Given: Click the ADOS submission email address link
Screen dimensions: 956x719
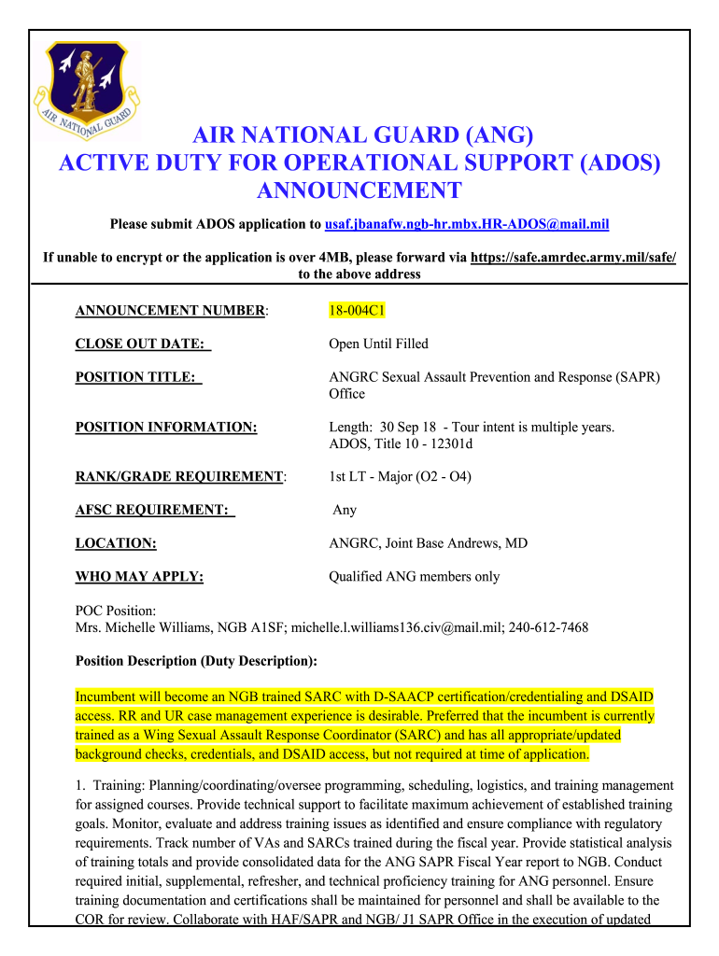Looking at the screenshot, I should coord(466,224).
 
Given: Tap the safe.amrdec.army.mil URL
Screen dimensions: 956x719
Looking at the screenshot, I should coord(573,257).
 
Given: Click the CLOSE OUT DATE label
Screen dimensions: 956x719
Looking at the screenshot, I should coord(143,344).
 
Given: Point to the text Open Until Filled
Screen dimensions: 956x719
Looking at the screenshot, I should coord(378,344).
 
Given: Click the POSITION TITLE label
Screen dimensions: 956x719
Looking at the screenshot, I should coord(138,377).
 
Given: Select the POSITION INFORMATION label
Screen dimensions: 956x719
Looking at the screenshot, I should coord(165,427).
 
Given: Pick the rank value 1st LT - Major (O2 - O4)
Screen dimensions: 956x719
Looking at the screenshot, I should coord(400,476).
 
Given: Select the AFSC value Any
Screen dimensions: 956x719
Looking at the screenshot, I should coord(345,510).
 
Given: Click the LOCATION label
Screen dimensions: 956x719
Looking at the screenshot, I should coord(115,543).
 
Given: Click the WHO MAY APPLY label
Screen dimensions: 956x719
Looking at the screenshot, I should coord(139,577).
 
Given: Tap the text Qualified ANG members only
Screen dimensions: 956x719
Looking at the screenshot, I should coord(414,577).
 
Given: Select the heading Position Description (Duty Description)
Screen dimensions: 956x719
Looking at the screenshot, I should coord(195,661).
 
